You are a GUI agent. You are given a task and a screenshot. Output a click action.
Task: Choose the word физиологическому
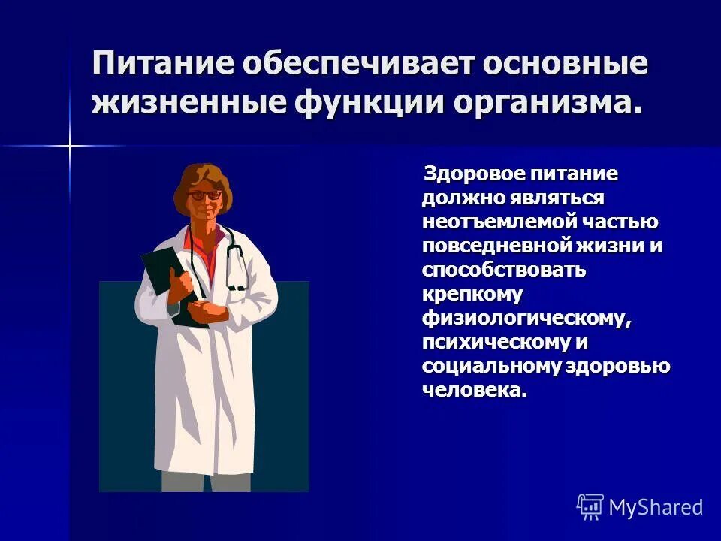(524, 319)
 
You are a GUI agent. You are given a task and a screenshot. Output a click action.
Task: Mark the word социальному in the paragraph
(480, 367)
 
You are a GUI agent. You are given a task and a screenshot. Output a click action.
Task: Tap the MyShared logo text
(656, 507)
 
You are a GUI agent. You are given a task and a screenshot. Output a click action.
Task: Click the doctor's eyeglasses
(204, 195)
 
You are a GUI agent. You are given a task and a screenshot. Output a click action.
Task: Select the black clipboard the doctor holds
(166, 278)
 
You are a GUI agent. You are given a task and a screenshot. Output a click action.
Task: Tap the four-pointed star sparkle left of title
(70, 144)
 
